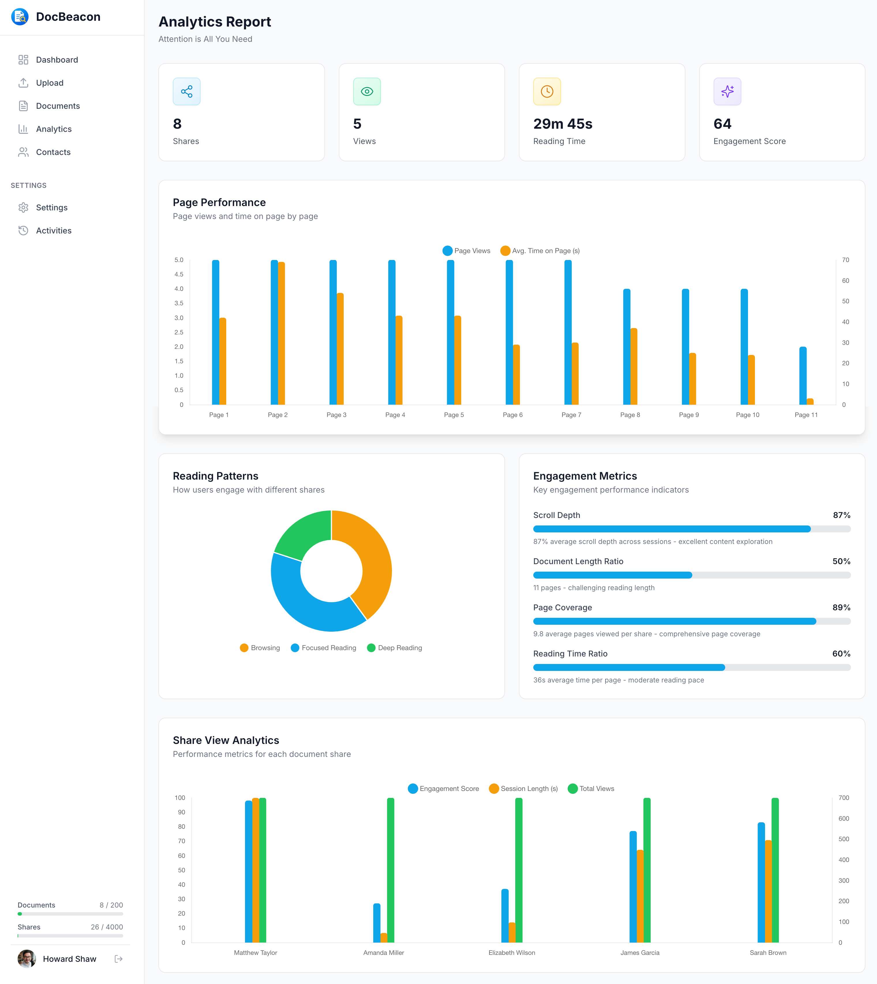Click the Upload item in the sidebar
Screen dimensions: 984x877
point(50,83)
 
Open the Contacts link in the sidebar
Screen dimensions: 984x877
point(53,152)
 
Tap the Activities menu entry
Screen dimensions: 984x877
point(53,231)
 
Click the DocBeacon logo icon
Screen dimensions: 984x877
point(20,17)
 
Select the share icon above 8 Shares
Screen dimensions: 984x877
point(186,91)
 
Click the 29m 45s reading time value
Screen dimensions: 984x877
point(562,124)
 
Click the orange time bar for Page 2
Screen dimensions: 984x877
point(281,332)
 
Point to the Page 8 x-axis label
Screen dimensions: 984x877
point(630,415)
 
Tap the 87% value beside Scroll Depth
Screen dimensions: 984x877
point(841,515)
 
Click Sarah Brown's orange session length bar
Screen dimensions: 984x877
point(768,891)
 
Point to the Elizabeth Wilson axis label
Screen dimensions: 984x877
point(511,953)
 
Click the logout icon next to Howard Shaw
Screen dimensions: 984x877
point(119,959)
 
